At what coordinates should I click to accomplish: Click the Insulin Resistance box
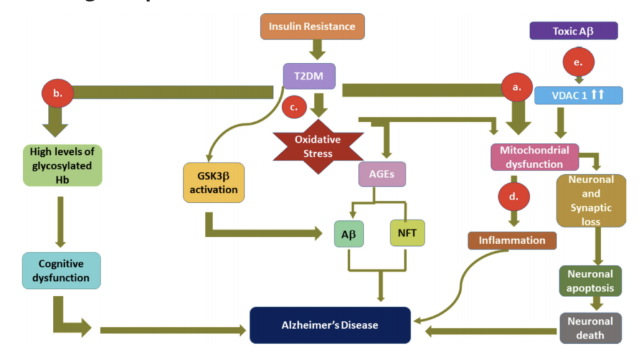312,26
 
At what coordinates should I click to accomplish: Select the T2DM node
308,76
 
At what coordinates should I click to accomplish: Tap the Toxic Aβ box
574,30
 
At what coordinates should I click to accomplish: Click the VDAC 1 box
578,95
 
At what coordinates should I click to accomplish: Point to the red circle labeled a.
517,87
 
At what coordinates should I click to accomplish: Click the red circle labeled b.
57,93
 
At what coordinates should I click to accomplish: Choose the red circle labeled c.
294,107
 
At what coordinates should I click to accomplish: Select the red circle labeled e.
578,62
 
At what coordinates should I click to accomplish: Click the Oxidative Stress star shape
317,146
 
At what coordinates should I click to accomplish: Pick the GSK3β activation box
214,183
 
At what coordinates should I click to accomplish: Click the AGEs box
382,174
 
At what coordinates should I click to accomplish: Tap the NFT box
407,233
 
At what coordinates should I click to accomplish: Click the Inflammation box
512,240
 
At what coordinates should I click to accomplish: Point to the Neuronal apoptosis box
590,281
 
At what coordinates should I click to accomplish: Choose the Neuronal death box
590,328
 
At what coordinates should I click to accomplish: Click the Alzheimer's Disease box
330,325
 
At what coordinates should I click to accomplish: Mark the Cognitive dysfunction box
61,271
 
